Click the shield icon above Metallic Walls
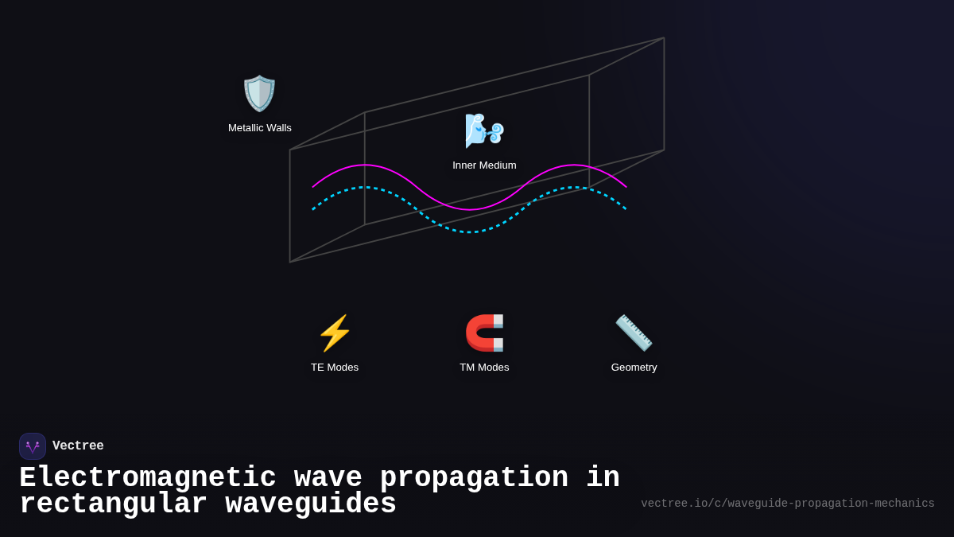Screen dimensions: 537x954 coord(259,93)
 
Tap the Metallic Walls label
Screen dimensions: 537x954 coord(260,128)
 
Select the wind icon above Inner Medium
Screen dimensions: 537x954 coord(484,130)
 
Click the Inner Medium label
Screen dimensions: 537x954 coord(484,165)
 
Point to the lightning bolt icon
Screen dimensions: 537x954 coord(335,333)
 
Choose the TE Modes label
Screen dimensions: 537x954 coord(335,368)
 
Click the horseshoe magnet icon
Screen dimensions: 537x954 coord(484,333)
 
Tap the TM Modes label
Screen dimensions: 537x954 coord(484,368)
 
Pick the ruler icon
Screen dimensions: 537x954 coord(634,333)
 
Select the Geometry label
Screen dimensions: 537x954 coord(634,368)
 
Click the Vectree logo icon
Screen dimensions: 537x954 coord(33,446)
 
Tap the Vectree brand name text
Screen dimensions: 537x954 coord(78,446)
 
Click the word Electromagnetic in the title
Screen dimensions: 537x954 coord(148,478)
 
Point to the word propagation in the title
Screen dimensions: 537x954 coord(474,478)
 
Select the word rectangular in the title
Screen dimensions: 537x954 coord(113,504)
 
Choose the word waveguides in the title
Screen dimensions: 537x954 coord(311,504)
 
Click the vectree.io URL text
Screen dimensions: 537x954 coord(787,504)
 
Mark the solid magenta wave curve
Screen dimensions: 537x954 coord(365,165)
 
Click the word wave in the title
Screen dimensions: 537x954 coord(328,478)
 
